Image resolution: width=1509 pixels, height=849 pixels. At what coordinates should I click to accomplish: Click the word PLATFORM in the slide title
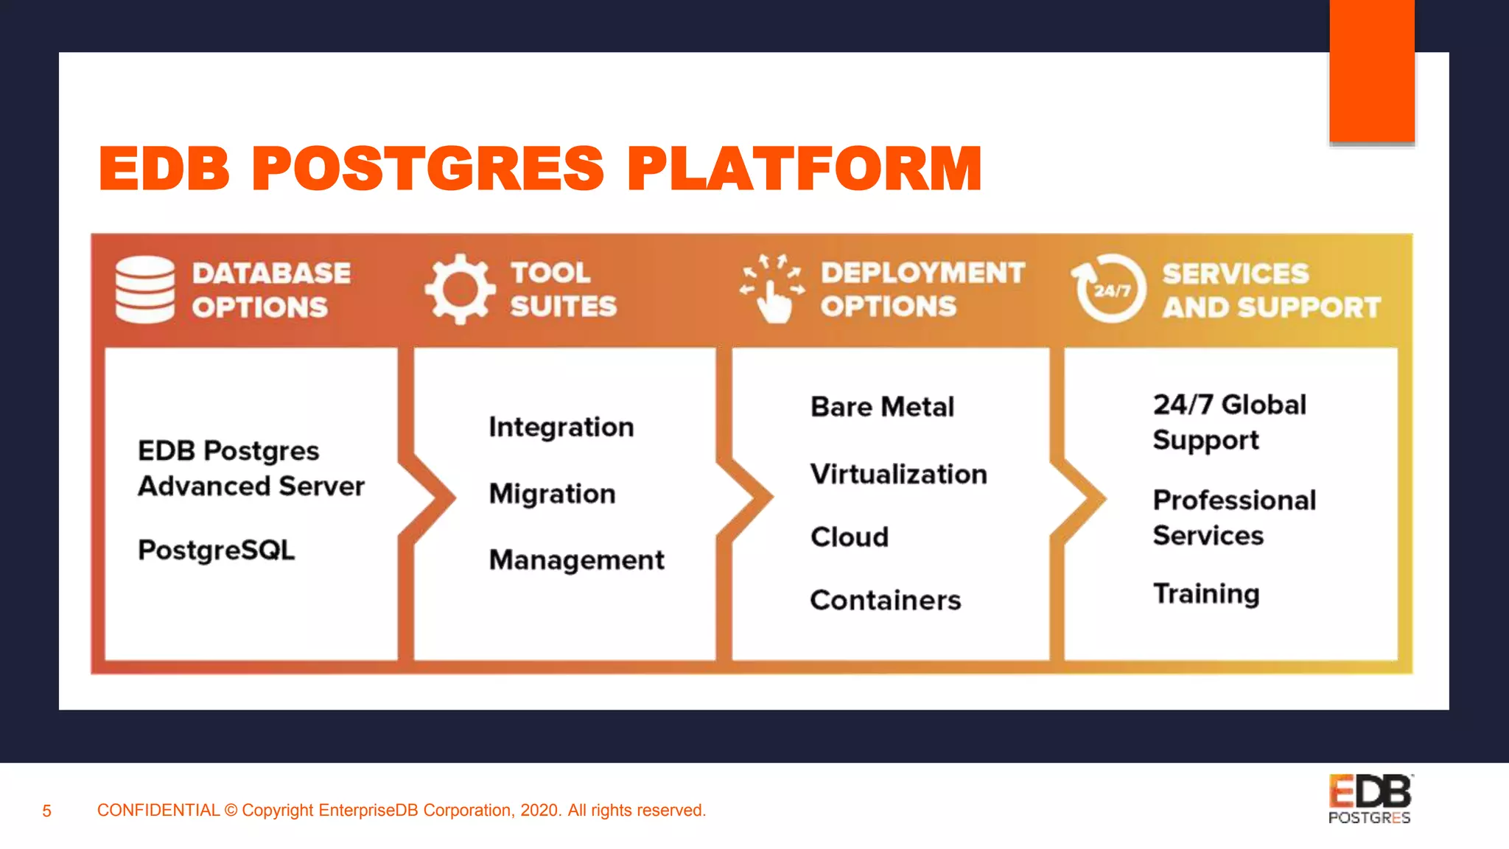click(x=804, y=169)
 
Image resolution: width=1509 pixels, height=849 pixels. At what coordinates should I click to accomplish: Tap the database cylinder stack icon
click(x=145, y=290)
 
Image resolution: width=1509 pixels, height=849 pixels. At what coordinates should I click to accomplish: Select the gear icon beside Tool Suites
click(x=460, y=289)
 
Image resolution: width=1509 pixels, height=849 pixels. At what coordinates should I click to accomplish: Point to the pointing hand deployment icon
click(x=772, y=290)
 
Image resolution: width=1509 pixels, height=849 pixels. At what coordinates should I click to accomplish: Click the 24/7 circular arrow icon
click(x=1110, y=289)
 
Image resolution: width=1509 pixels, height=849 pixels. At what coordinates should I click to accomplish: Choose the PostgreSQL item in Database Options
click(x=217, y=550)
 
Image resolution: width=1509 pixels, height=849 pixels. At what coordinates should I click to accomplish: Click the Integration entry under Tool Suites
click(x=561, y=427)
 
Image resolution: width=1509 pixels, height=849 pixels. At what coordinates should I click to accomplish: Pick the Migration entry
click(x=552, y=494)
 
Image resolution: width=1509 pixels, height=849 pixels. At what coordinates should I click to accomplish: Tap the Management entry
click(x=576, y=560)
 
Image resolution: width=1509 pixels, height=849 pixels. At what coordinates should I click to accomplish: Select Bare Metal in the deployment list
click(x=882, y=407)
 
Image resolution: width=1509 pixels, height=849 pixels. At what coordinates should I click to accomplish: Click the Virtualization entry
click(x=898, y=474)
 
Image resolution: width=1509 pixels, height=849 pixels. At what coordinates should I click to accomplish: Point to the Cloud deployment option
click(x=850, y=537)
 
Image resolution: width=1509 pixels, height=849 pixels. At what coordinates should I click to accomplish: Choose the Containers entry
click(x=885, y=601)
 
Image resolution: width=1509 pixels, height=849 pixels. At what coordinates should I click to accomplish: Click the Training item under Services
click(x=1206, y=594)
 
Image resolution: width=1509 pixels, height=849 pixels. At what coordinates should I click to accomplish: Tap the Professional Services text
click(x=1234, y=517)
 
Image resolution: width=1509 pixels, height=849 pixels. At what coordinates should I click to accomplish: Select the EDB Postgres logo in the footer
click(x=1370, y=799)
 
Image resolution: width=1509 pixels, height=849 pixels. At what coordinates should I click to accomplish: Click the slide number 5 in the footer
click(x=46, y=811)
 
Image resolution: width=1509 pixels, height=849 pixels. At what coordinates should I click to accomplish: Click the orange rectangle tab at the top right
click(x=1372, y=71)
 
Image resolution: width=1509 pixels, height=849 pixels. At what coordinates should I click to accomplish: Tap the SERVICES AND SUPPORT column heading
click(x=1271, y=290)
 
